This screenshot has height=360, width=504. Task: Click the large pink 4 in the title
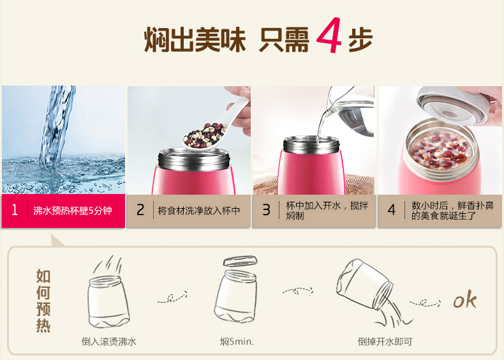[x=329, y=35]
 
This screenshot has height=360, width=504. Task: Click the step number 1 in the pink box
[x=15, y=210]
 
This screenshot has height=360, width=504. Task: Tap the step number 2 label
[x=140, y=210]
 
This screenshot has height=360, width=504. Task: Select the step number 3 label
[x=266, y=210]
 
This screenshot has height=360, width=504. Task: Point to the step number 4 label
[x=392, y=210]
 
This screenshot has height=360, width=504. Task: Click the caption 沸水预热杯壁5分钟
[x=73, y=211]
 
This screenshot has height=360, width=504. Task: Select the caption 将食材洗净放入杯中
[x=199, y=211]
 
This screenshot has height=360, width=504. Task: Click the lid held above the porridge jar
[x=454, y=105]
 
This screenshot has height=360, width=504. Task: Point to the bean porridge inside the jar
[x=440, y=151]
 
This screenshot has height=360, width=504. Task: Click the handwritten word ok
[x=465, y=300]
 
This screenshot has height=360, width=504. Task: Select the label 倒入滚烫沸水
[x=109, y=341]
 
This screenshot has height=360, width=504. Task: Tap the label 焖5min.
[x=237, y=341]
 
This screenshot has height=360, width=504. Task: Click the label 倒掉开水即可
[x=385, y=341]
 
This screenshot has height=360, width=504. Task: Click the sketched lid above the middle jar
[x=240, y=260]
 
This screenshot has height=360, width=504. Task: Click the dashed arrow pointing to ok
[x=425, y=303]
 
